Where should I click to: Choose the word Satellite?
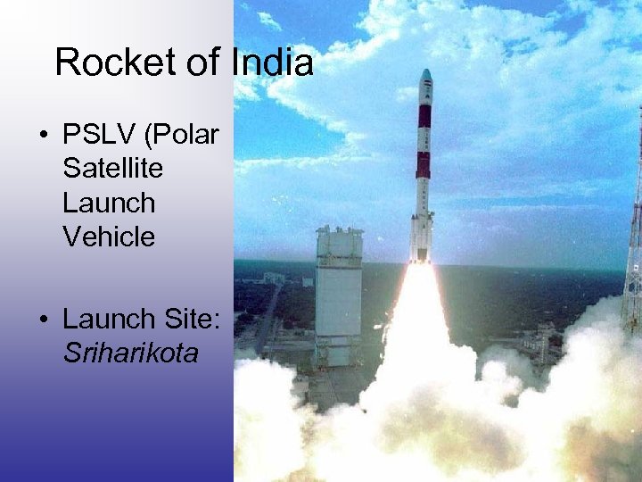pos(113,169)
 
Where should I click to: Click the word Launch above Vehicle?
pos(109,203)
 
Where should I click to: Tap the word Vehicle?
pos(109,237)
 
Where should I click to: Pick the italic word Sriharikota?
pos(131,353)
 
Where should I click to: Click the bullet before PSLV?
pos(43,137)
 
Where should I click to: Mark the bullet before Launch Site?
pos(43,320)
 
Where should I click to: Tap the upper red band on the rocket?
pos(424,116)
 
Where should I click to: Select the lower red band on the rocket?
pos(424,164)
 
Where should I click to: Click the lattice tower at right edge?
pos(633,250)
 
